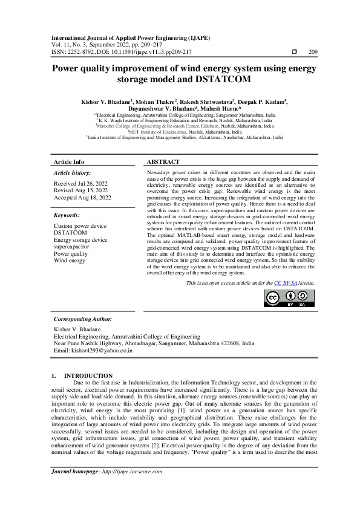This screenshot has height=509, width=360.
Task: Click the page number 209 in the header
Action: [x=313, y=53]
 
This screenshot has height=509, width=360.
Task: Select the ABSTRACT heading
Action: [x=163, y=162]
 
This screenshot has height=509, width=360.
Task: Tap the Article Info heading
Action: [x=69, y=162]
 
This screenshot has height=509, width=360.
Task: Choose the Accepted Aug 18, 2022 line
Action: [x=83, y=198]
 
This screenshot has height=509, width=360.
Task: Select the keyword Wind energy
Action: [x=70, y=262]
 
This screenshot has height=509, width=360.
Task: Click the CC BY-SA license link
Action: [x=281, y=283]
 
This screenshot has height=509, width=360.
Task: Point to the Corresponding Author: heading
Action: [x=83, y=319]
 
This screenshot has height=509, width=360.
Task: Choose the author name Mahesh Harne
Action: [x=224, y=110]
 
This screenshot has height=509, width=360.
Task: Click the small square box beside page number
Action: [x=295, y=53]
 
